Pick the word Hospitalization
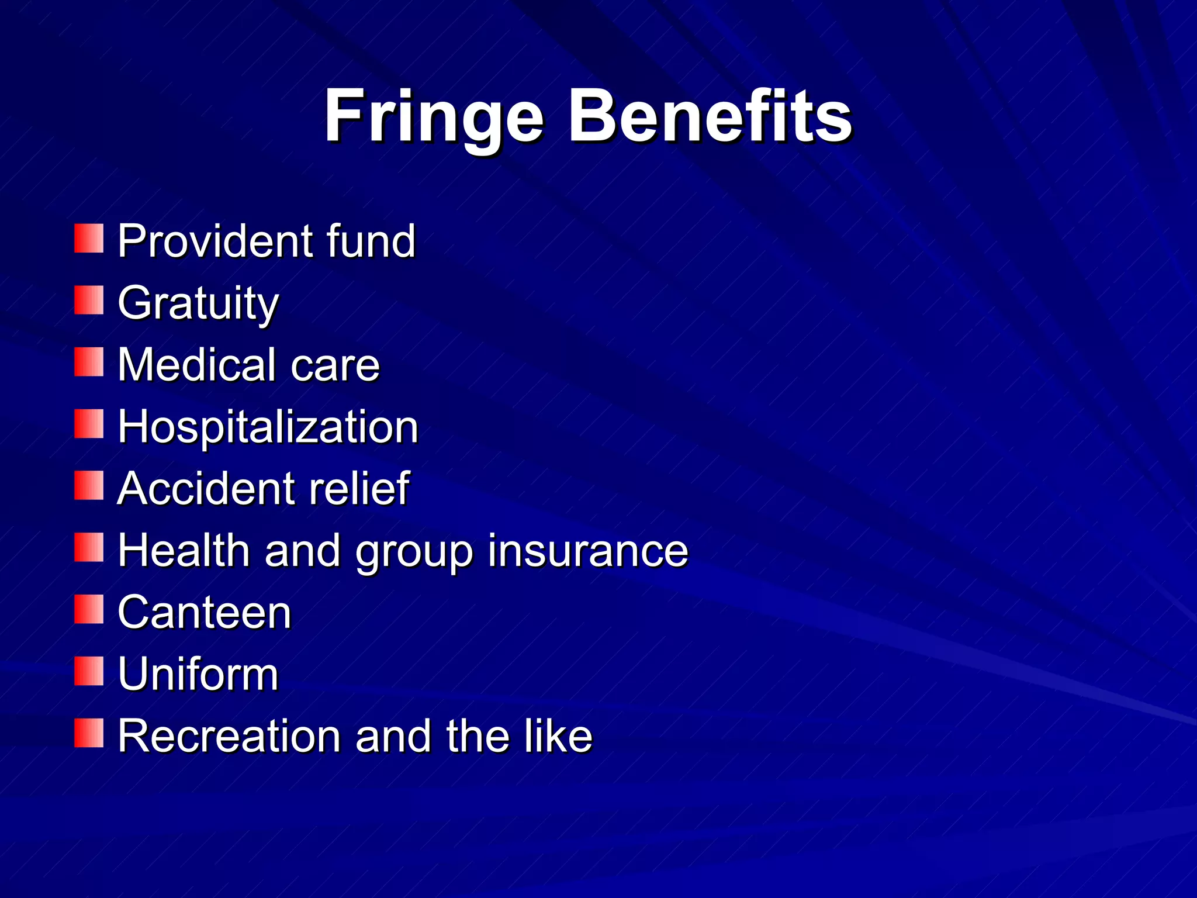[268, 427]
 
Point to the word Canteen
[204, 612]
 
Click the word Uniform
[198, 674]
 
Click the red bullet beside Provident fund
[89, 238]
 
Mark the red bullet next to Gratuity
[89, 300]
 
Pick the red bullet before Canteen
[89, 609]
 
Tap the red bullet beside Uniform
[89, 671]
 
